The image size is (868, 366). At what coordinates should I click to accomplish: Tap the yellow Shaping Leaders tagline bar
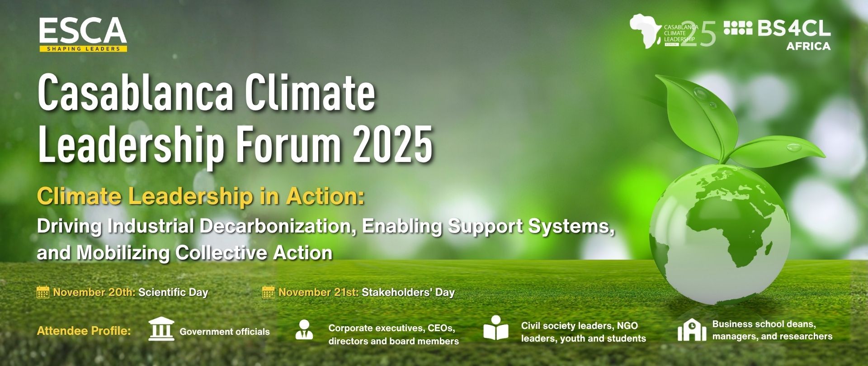point(83,49)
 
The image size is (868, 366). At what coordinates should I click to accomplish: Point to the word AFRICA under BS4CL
point(808,46)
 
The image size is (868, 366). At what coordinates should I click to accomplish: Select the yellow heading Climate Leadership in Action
point(201,197)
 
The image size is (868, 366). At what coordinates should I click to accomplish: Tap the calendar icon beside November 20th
point(43,292)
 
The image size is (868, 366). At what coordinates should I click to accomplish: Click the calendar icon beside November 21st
point(269,292)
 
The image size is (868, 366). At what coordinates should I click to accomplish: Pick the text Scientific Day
point(173,292)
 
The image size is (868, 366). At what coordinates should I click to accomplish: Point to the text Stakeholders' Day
point(408,292)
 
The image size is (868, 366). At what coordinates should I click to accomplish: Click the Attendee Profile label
point(84,331)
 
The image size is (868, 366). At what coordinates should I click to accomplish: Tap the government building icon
point(161,329)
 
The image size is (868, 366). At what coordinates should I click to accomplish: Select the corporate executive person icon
point(304,330)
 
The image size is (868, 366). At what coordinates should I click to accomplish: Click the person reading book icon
point(496,328)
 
